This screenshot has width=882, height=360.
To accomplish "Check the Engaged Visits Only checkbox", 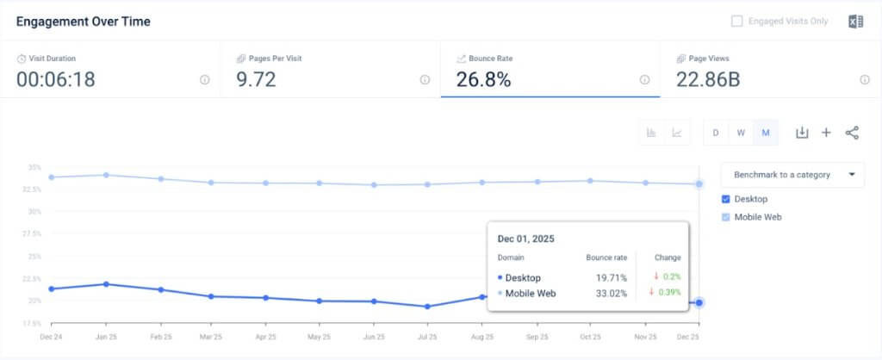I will (736, 22).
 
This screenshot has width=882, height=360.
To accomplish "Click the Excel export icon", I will (855, 22).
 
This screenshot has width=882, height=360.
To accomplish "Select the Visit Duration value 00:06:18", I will (56, 79).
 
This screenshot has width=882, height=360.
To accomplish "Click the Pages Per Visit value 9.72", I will (256, 79).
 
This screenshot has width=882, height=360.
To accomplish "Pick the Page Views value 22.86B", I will (708, 79).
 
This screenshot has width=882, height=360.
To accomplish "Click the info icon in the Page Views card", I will (864, 79).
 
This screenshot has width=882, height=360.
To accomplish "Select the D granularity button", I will (715, 133).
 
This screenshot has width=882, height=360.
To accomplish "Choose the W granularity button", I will (740, 133).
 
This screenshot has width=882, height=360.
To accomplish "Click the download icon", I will (802, 133).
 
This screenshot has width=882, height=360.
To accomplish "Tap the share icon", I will (852, 133).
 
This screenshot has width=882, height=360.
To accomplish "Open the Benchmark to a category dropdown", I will (792, 174).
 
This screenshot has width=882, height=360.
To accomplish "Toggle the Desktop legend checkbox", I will (726, 199).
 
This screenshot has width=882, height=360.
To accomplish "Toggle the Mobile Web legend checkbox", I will (726, 217).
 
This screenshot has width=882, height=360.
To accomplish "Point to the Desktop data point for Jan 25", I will (105, 283).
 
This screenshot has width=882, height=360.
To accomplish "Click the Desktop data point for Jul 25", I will (427, 306).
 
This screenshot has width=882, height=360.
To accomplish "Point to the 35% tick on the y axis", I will (34, 167).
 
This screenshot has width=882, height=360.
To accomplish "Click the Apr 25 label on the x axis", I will (266, 337).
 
